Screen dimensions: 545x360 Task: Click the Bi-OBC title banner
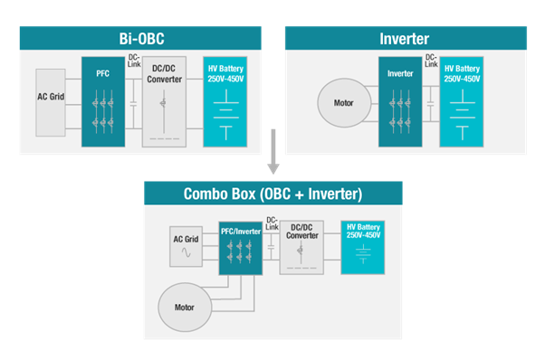[x=140, y=38]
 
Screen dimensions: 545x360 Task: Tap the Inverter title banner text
[x=405, y=39]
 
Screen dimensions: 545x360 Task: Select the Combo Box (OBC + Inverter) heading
[x=272, y=194]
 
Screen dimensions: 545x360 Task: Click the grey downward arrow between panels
[x=273, y=151]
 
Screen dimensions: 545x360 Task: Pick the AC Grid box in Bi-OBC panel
[x=51, y=102]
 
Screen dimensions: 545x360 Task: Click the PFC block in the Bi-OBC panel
[x=103, y=101]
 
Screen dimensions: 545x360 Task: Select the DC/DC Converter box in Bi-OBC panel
[x=165, y=101]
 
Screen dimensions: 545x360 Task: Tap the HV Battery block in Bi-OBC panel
[x=225, y=101]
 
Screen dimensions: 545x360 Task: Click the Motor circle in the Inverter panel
[x=344, y=103]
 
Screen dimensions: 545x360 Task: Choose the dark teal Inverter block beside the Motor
[x=400, y=101]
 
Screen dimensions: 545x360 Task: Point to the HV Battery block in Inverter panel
[x=462, y=101]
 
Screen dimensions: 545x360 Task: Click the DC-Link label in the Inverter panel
[x=431, y=61]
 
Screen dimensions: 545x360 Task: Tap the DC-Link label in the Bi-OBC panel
[x=134, y=61]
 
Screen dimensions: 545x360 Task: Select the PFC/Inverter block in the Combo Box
[x=241, y=248]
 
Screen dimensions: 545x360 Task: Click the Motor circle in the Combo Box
[x=185, y=308]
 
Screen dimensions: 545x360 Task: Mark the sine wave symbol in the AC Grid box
[x=186, y=252]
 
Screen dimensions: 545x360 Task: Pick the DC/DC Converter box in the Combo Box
[x=301, y=248]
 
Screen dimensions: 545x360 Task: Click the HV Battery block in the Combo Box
[x=363, y=248]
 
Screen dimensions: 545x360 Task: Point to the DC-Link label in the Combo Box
[x=272, y=223]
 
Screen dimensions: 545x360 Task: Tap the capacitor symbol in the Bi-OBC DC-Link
[x=133, y=103]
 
